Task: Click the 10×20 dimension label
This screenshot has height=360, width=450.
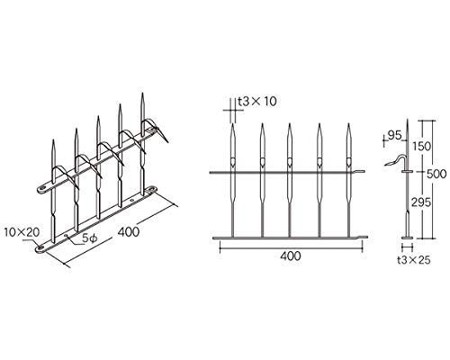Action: (x=22, y=232)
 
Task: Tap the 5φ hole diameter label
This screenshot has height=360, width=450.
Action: (x=89, y=238)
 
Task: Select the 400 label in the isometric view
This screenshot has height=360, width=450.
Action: (x=129, y=232)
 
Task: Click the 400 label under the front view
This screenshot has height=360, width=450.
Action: (x=291, y=256)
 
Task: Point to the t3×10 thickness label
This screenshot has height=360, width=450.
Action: (x=257, y=102)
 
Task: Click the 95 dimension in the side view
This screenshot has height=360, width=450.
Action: (x=394, y=136)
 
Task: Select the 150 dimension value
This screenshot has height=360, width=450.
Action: (x=420, y=147)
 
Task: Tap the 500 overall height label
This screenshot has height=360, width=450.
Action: (x=436, y=174)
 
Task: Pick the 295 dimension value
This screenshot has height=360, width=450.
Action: (x=421, y=202)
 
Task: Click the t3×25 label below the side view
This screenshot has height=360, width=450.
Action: (x=414, y=260)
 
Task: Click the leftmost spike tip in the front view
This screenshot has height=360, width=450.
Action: (x=233, y=123)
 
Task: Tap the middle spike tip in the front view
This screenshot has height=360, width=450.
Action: (x=290, y=123)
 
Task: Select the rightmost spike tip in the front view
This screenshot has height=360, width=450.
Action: (x=348, y=123)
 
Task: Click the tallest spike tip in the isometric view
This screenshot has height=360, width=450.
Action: (x=142, y=94)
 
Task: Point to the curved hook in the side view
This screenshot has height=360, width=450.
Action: (x=396, y=159)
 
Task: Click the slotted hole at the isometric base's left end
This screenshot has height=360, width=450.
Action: (x=40, y=248)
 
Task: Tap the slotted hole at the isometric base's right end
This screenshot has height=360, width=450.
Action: (x=152, y=189)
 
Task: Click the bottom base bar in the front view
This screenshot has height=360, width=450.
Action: (x=290, y=238)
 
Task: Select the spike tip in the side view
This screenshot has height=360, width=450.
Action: (x=408, y=120)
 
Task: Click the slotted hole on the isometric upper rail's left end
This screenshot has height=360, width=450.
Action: (x=42, y=189)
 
